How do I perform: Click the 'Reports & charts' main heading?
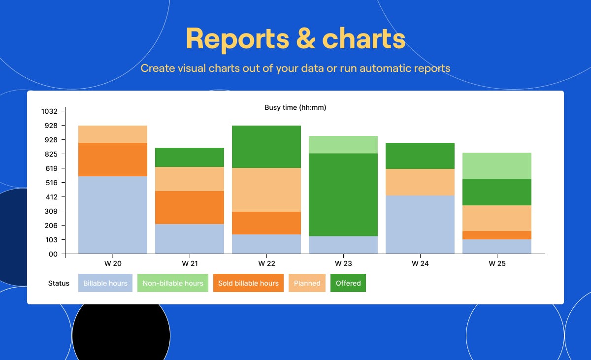[295, 39]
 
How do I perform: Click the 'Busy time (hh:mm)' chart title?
[295, 107]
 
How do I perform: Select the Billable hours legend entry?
[105, 283]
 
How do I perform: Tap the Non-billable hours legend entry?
[173, 283]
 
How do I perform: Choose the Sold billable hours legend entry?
[248, 283]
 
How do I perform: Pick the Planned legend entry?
[307, 283]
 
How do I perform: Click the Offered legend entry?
[348, 283]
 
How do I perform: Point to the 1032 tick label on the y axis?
[49, 111]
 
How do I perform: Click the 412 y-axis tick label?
[51, 197]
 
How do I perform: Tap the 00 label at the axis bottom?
[53, 254]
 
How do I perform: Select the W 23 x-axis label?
[343, 263]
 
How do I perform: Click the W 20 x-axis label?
[113, 263]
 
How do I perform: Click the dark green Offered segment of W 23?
[343, 195]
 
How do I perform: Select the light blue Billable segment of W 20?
[113, 215]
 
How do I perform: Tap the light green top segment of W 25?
[497, 166]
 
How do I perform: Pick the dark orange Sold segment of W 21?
[190, 207]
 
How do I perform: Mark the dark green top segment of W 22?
[266, 147]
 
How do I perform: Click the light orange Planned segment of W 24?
[420, 182]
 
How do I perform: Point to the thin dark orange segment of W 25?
[497, 235]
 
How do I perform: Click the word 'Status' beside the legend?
[59, 283]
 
